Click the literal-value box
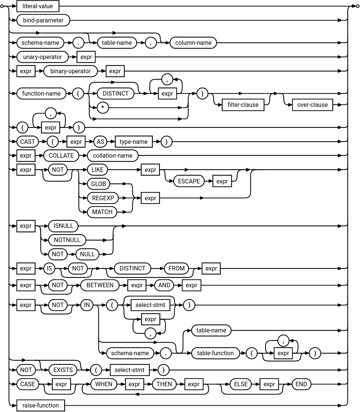(x=38, y=6)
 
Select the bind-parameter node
(x=43, y=20)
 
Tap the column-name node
(x=193, y=43)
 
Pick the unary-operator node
(x=42, y=57)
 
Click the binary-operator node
(x=70, y=71)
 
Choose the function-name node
(x=41, y=93)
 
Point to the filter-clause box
(x=243, y=105)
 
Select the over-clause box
(x=312, y=105)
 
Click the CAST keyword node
(x=28, y=142)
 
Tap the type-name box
(x=133, y=142)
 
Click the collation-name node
(x=113, y=155)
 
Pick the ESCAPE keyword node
(x=189, y=181)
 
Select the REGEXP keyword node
(x=103, y=198)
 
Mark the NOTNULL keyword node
(x=67, y=239)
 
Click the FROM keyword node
(x=176, y=268)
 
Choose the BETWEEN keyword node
(x=100, y=285)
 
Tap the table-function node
(x=215, y=353)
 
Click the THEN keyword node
(x=164, y=384)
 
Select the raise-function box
(x=40, y=405)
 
